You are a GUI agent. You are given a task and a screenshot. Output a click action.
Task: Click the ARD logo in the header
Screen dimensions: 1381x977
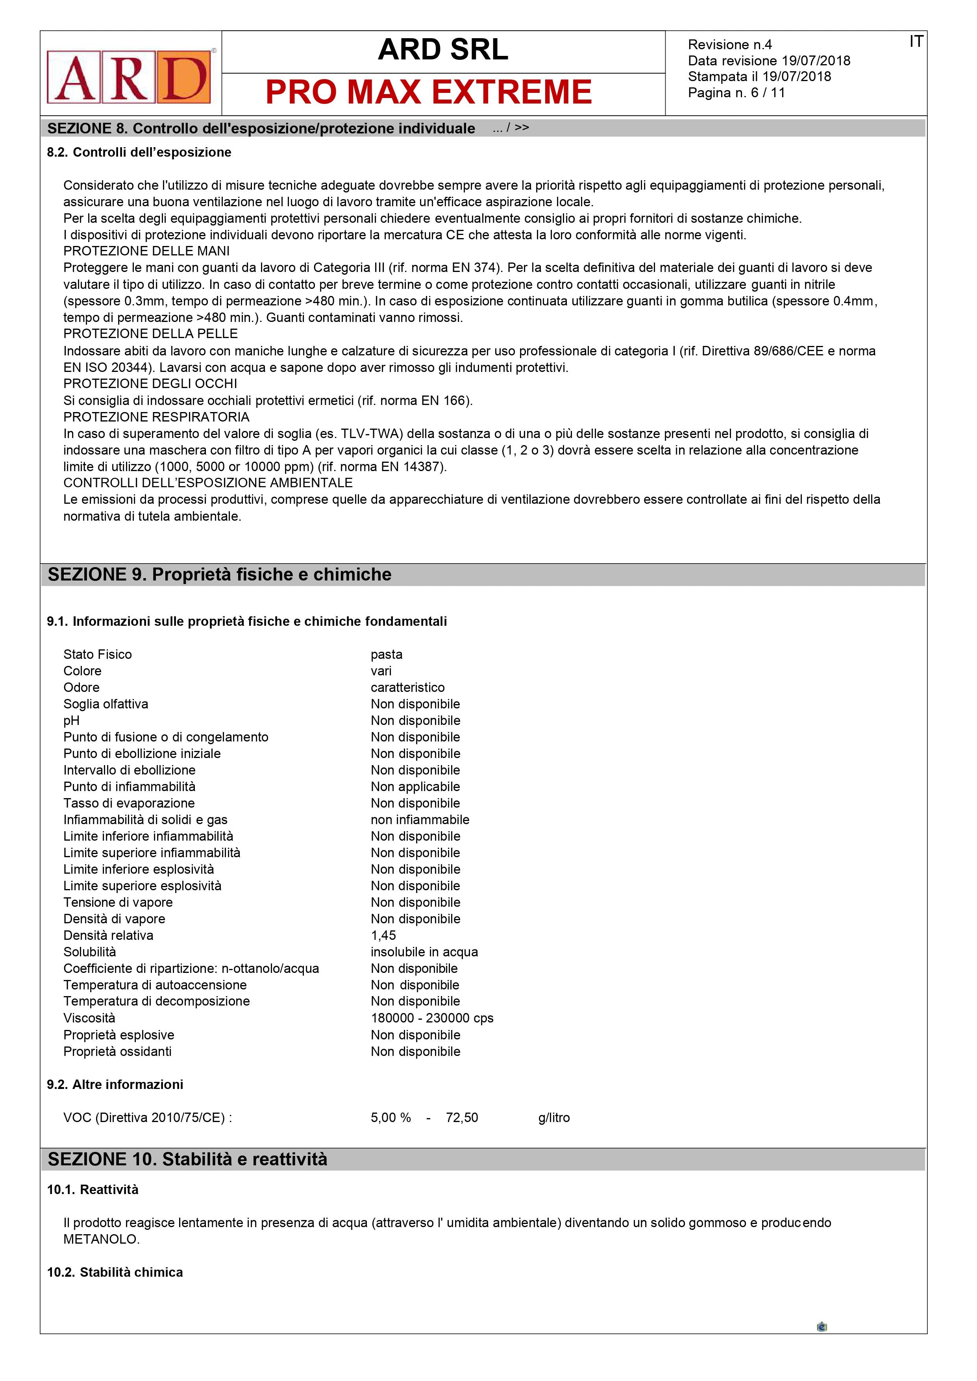coord(130,76)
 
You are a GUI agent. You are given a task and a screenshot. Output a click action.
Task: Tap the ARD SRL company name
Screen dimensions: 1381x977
coord(443,50)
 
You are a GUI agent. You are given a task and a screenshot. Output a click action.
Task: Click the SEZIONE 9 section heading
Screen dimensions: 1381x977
coord(220,575)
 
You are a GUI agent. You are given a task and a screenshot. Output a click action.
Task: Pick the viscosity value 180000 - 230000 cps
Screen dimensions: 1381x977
coord(432,1018)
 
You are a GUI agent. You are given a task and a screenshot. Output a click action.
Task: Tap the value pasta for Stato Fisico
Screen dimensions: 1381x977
coord(386,654)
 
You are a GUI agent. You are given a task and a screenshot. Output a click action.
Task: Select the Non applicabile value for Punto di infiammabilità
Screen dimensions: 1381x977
coord(415,787)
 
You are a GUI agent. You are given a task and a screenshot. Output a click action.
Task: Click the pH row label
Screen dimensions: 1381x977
coord(72,721)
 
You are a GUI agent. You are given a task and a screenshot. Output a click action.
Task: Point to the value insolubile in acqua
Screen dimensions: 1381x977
coord(424,952)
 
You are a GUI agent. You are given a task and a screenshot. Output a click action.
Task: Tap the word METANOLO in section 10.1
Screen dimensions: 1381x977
coord(101,1239)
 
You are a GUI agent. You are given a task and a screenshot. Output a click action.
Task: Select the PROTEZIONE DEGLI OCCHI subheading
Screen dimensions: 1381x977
coord(150,384)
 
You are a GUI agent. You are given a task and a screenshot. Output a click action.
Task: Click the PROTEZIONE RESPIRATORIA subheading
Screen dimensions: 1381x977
coord(156,417)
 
